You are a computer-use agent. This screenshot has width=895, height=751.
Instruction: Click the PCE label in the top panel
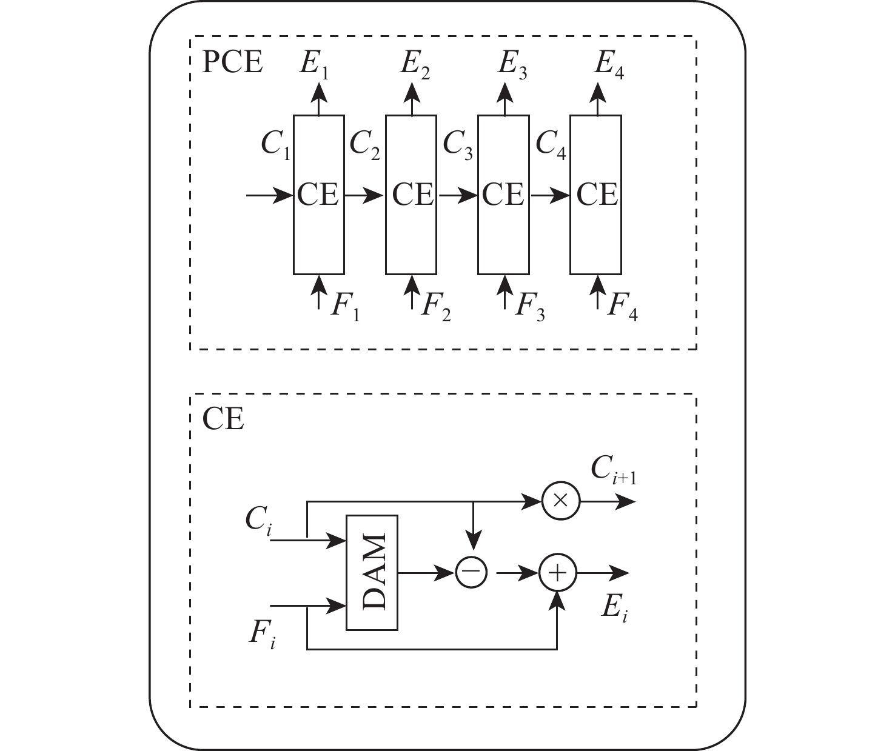coord(232,62)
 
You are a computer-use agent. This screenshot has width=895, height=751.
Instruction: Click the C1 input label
coord(276,145)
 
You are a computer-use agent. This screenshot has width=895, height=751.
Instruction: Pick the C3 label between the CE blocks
coord(457,145)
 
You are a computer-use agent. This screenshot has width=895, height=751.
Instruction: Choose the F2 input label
coord(436,307)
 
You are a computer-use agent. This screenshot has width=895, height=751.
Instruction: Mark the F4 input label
coord(622,307)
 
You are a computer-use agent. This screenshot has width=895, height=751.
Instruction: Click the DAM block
coord(372,572)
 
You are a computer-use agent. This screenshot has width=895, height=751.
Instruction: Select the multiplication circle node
coord(561,501)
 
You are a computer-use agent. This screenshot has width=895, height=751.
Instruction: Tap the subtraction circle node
coord(471,572)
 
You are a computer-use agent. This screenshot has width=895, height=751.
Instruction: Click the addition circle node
coord(558,573)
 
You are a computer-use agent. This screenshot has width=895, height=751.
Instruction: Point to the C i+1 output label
coord(614,470)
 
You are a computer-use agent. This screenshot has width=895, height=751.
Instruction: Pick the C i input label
coord(258,521)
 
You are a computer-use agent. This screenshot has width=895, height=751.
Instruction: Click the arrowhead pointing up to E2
coord(412,93)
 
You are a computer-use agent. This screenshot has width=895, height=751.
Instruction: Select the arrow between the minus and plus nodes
coord(517,573)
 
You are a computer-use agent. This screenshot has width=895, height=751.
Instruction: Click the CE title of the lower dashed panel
coord(223,419)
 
